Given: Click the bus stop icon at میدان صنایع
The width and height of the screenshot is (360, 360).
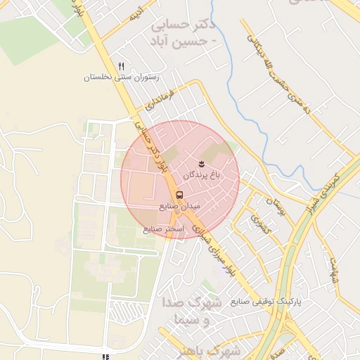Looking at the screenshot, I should [179, 194].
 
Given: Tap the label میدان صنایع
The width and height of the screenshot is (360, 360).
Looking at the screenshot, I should [181, 207].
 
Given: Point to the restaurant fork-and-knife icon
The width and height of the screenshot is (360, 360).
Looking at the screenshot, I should [122, 66].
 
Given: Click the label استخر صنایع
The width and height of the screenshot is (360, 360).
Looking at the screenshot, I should [163, 229].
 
